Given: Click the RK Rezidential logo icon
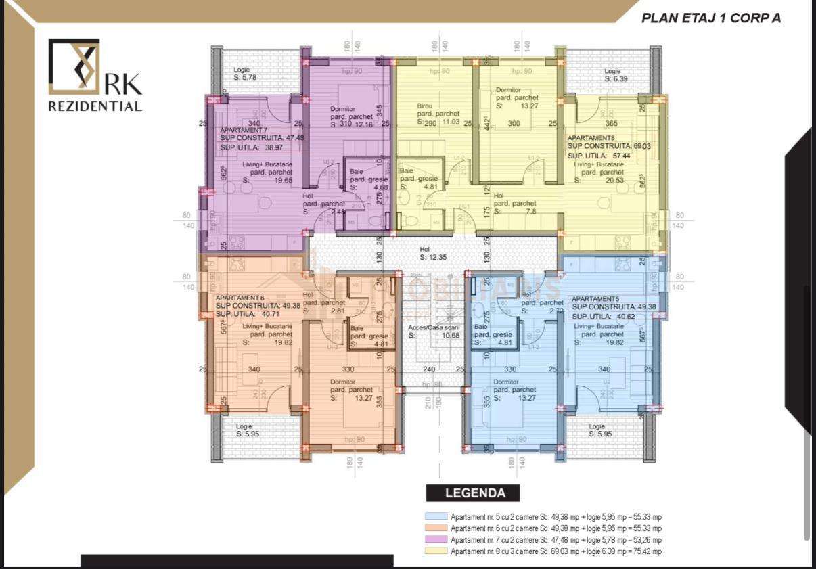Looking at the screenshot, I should tap(74, 66).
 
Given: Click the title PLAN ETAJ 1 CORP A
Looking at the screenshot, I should tap(710, 18).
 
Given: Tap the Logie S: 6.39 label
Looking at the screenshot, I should tap(617, 75).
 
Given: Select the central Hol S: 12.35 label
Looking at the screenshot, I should tap(433, 254).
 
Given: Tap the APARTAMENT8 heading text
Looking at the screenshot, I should tap(591, 138).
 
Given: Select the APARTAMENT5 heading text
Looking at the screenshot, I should tap(596, 298).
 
